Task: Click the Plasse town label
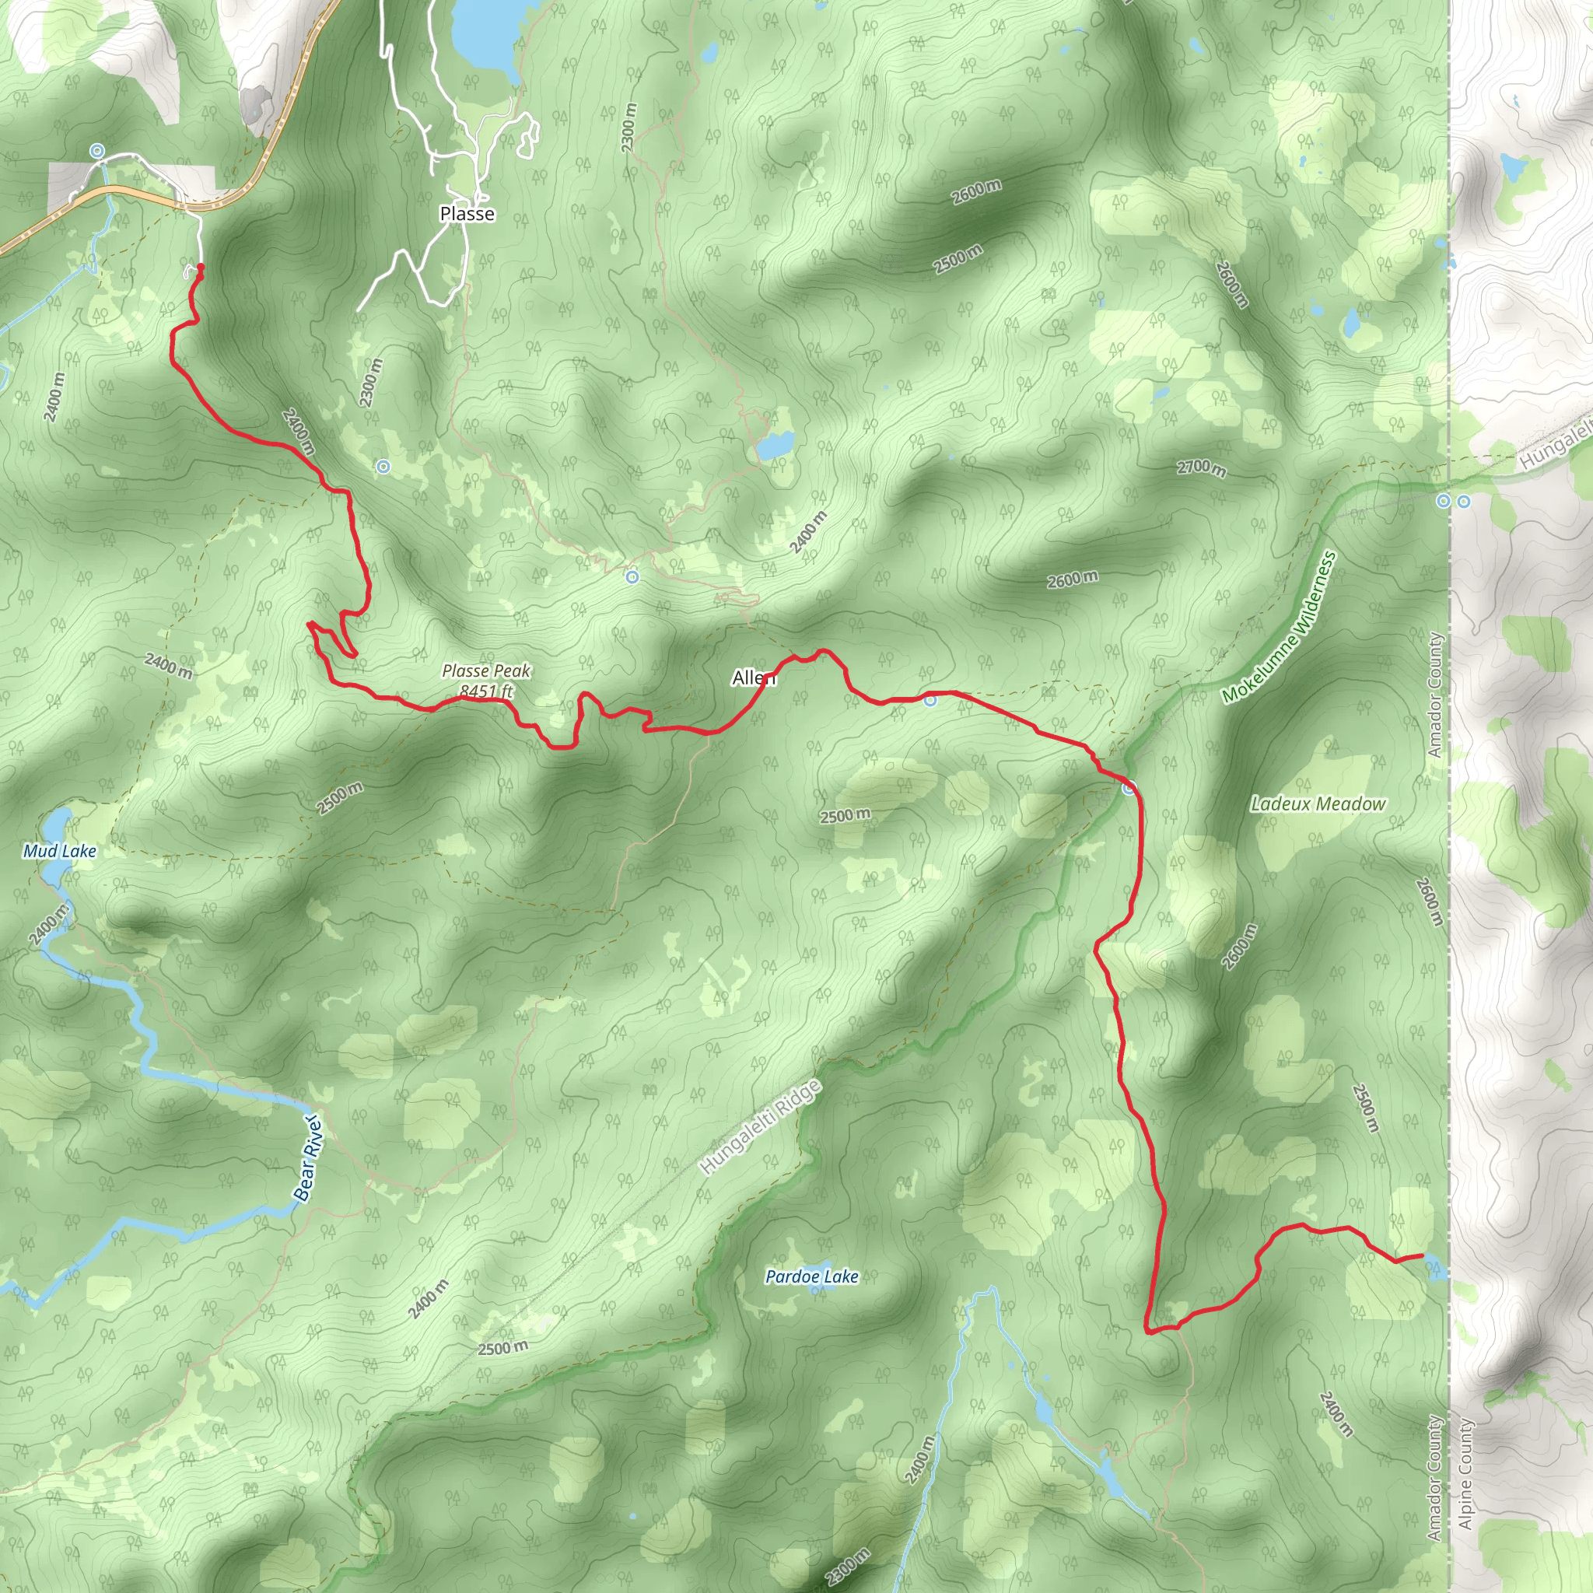(x=467, y=214)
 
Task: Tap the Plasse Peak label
(x=485, y=671)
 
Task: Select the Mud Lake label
(x=59, y=851)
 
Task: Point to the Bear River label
(x=308, y=1158)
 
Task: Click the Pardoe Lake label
(x=811, y=1276)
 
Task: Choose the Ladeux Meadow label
(x=1318, y=804)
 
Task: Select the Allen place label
(x=754, y=677)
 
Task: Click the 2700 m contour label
(x=1200, y=468)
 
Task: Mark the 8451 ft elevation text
(x=485, y=691)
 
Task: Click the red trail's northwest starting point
(x=201, y=267)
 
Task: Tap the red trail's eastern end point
(x=1422, y=1255)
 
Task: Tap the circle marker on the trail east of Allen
(x=930, y=700)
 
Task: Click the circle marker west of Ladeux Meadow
(x=1129, y=789)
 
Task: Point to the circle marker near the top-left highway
(x=97, y=150)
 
